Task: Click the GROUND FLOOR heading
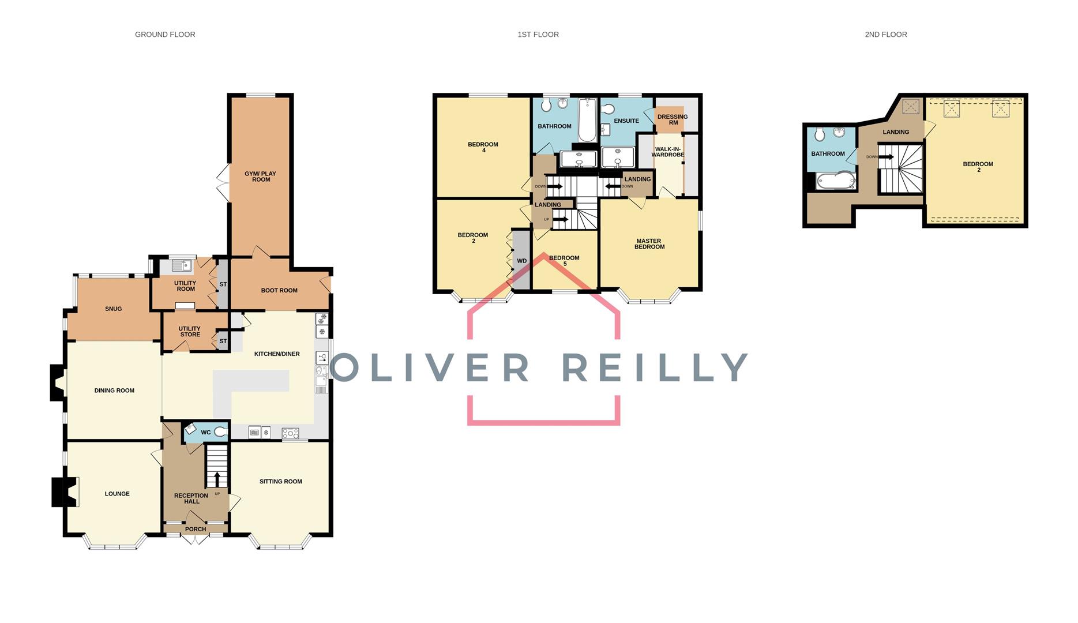[165, 35]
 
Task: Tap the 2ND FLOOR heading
[885, 35]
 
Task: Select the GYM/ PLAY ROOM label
[261, 177]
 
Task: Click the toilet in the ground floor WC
[220, 431]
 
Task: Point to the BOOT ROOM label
[279, 290]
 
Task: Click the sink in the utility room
[182, 265]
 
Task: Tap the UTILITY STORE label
[190, 332]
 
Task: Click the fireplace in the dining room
[58, 383]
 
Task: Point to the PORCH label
[196, 529]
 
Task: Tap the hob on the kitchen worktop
[290, 433]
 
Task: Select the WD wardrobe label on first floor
[521, 261]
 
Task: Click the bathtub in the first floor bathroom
[587, 120]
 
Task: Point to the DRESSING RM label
[672, 119]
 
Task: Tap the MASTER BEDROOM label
[649, 244]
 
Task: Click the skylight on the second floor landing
[911, 107]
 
